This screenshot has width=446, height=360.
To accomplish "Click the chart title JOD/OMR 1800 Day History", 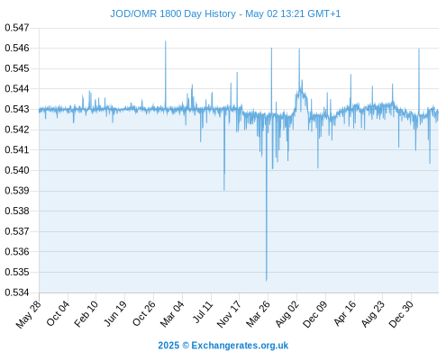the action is [173, 14].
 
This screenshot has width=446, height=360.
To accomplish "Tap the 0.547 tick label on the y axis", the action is [17, 28].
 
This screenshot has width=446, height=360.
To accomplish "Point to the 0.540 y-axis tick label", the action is [17, 170].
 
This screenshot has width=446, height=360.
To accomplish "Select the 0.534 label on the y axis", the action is [17, 292].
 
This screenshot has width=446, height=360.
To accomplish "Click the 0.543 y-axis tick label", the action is [17, 109].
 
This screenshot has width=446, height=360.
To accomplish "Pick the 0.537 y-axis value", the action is [17, 231].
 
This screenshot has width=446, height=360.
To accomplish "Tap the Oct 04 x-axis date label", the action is [58, 314].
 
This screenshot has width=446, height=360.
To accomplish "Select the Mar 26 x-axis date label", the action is [258, 314].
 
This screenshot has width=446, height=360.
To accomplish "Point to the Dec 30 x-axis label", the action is [401, 314].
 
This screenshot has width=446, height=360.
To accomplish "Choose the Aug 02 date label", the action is [287, 314].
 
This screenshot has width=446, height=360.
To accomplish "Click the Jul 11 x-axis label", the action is [203, 312].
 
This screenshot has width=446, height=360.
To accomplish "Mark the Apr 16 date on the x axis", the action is [344, 313].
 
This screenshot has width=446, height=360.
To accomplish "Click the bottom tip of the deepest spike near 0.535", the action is [266, 281].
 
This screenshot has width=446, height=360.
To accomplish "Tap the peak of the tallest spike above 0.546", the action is [165, 41].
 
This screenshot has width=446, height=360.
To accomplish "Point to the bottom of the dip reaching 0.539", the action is [224, 190].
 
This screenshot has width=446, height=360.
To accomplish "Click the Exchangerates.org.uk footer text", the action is [240, 346].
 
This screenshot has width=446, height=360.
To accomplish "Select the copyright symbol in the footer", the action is [186, 346].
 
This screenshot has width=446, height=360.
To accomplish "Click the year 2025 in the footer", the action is [168, 346].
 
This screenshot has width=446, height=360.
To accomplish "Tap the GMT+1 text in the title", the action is [324, 14].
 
